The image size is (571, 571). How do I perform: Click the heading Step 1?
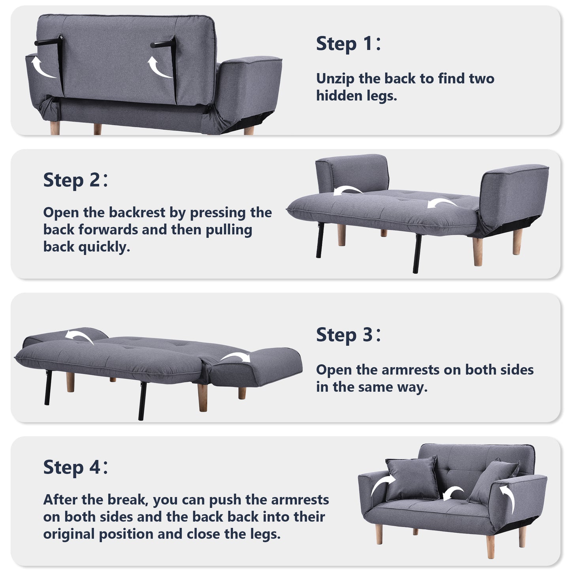tap(348, 44)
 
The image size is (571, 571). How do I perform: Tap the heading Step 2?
tap(75, 180)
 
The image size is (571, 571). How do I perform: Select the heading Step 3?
tap(348, 335)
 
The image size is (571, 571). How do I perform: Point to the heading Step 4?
tap(75, 467)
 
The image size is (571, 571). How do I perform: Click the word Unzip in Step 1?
tap(335, 79)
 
